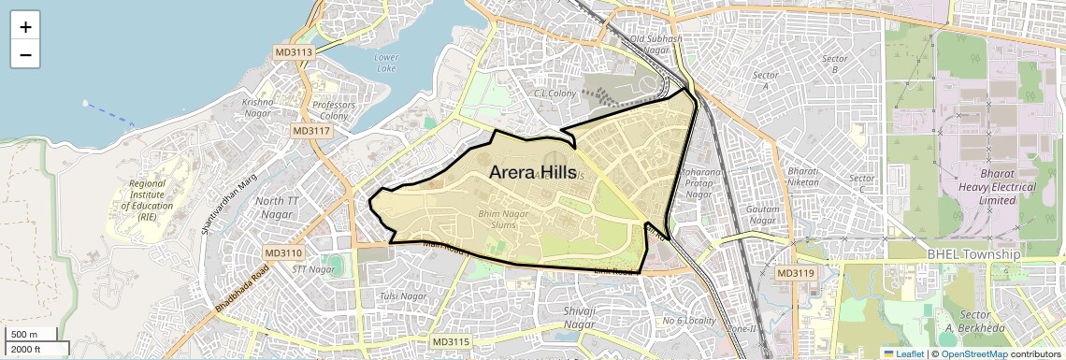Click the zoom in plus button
[25, 25]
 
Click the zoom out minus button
[25, 55]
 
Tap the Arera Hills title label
[532, 172]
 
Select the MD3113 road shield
[294, 52]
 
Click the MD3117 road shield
[311, 131]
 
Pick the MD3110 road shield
[283, 252]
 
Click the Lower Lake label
[386, 63]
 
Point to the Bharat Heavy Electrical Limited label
[985, 187]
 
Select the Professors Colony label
[334, 110]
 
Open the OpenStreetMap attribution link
[973, 353]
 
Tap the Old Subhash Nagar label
[656, 44]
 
